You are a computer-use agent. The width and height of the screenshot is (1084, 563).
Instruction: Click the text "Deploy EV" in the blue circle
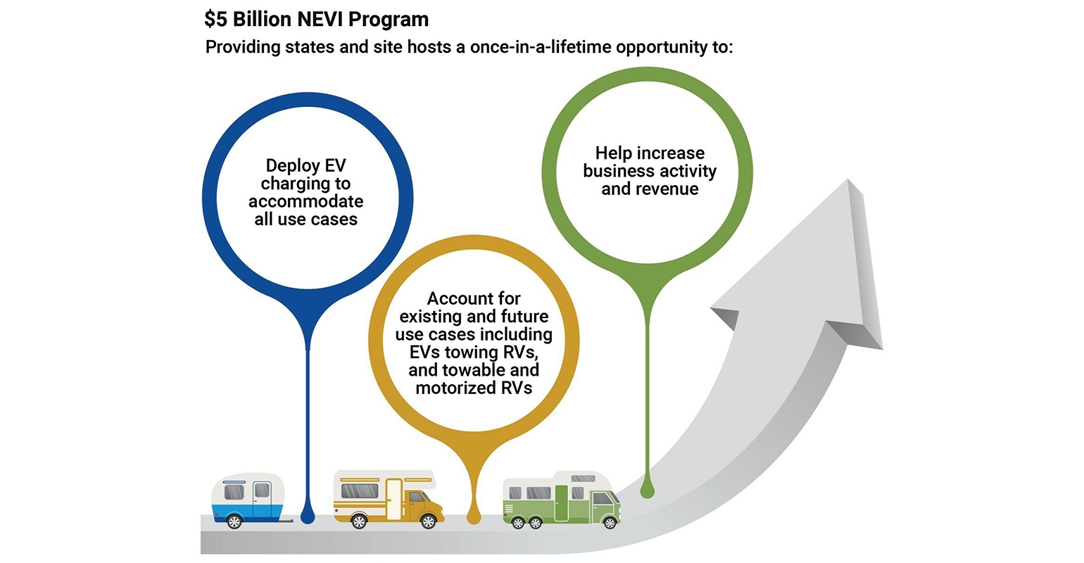(305, 166)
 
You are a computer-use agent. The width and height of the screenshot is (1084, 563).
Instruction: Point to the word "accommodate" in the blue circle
(305, 201)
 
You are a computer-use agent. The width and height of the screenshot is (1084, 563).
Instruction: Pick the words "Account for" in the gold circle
(473, 298)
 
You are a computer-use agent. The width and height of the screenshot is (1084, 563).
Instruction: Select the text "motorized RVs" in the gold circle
(473, 388)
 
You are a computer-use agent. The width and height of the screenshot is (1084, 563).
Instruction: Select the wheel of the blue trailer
(235, 521)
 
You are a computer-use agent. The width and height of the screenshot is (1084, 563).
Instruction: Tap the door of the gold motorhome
(393, 498)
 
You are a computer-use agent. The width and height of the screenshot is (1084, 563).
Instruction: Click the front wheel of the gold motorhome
(427, 521)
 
